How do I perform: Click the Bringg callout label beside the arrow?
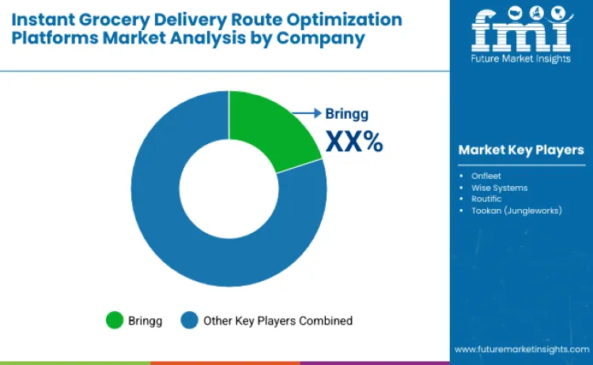point(347,113)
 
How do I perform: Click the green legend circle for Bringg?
point(115,321)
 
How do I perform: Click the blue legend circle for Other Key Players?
point(190,321)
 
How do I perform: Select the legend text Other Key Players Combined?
point(278,321)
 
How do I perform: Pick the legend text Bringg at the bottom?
point(147,321)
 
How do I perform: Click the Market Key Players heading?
point(521,150)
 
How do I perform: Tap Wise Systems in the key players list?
point(499,188)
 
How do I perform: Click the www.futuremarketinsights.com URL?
point(521,348)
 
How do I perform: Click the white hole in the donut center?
point(229,189)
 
